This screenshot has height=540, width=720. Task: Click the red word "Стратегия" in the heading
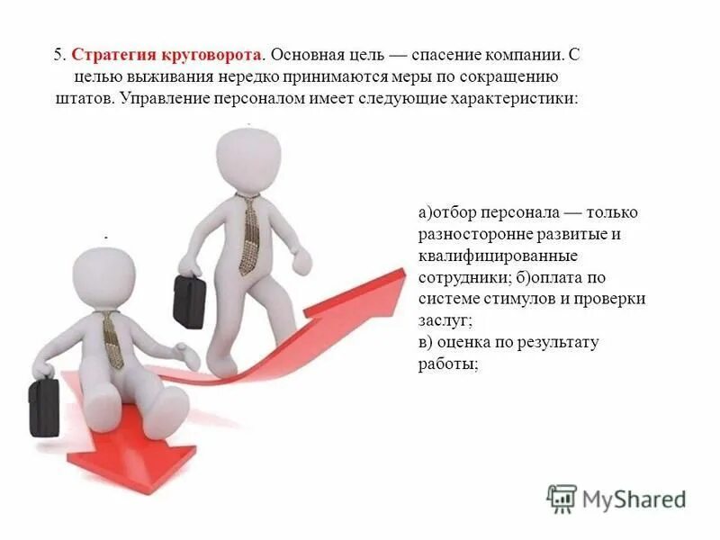[108, 54]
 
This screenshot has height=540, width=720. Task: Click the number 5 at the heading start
[58, 54]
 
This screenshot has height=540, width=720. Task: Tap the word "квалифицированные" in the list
[486, 256]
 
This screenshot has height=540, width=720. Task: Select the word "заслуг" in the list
[444, 320]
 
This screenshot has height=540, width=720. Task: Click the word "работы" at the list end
[446, 364]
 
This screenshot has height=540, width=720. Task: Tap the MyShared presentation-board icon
[562, 499]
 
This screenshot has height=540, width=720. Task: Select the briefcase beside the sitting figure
[44, 406]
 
